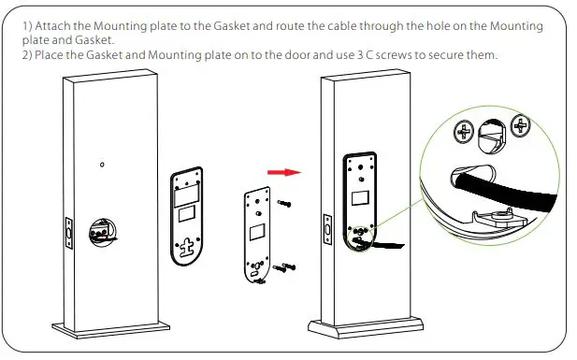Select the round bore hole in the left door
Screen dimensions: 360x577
click(98, 230)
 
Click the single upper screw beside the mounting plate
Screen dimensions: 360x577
click(282, 202)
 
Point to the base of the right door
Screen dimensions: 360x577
click(351, 330)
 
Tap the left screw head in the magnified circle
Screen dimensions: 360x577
click(461, 132)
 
